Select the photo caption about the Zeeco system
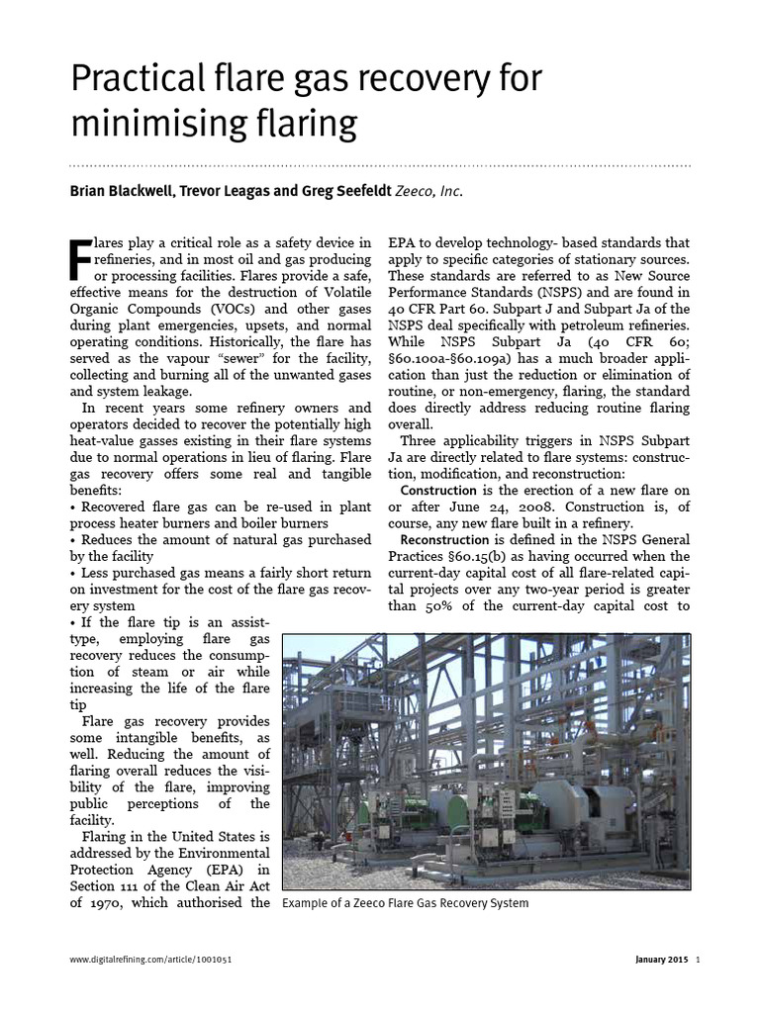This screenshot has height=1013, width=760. tap(406, 903)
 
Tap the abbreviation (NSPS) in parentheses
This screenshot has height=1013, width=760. tap(560, 293)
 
